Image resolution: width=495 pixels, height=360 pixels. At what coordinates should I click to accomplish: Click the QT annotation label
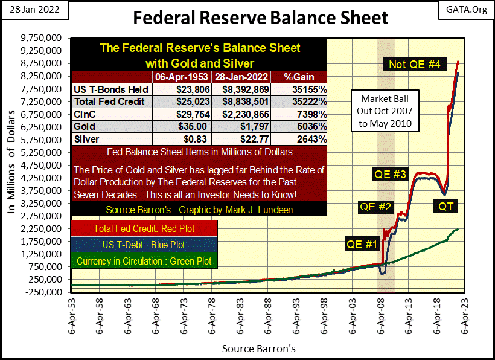[x=447, y=207]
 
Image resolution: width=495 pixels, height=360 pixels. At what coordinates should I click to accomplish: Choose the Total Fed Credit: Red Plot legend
[x=144, y=230]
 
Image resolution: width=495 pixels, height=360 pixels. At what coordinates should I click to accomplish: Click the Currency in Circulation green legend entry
[x=144, y=261]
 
